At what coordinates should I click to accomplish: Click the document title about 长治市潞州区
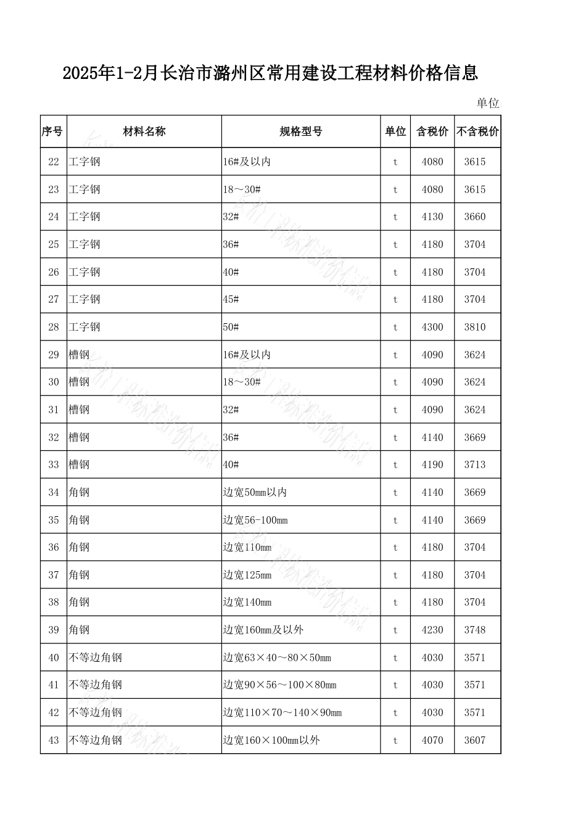point(270,74)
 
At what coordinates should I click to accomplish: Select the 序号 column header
point(53,131)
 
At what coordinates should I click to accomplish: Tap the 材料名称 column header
point(144,131)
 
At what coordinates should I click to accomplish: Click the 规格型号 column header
point(300,131)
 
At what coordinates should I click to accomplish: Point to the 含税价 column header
point(432,131)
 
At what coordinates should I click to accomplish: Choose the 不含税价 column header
point(477,131)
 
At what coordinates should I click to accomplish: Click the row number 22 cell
point(54,162)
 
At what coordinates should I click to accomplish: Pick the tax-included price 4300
point(432,327)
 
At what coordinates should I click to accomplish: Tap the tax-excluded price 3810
point(475,327)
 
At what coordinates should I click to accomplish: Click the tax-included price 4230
point(432,630)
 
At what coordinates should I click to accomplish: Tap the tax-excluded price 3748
point(475,630)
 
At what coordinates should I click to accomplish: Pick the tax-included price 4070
point(432,740)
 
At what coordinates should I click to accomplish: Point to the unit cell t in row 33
point(395,465)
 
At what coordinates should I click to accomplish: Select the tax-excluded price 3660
point(475,217)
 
